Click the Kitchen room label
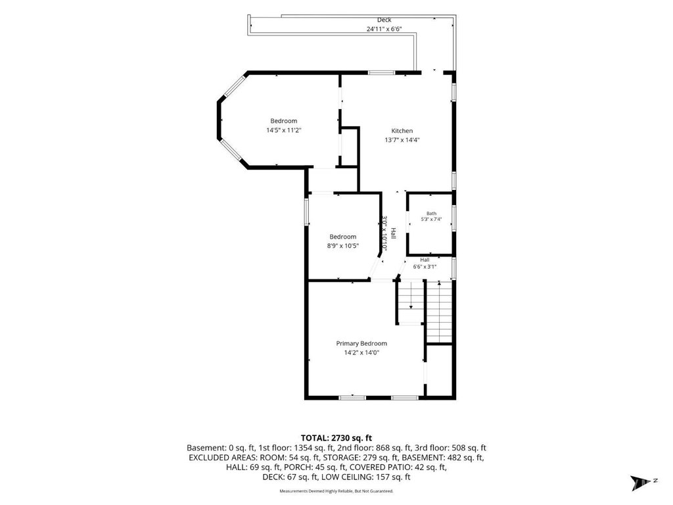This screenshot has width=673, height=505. pyautogui.click(x=402, y=131)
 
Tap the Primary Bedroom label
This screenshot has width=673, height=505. pyautogui.click(x=361, y=343)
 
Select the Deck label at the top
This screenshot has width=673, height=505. pyautogui.click(x=384, y=20)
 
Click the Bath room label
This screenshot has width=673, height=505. pyautogui.click(x=431, y=214)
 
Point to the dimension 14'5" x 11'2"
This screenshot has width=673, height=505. pyautogui.click(x=284, y=130)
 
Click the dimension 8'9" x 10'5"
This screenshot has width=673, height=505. pyautogui.click(x=343, y=246)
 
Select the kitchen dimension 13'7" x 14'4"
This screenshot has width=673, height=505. pyautogui.click(x=402, y=139)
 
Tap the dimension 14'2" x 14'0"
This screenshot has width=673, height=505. pyautogui.click(x=362, y=353)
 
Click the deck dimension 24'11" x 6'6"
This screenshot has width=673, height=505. pyautogui.click(x=384, y=29)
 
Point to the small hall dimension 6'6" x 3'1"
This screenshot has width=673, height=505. pyautogui.click(x=425, y=267)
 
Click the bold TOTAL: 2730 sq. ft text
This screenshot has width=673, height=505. pyautogui.click(x=336, y=438)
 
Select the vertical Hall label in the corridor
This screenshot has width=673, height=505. pyautogui.click(x=393, y=233)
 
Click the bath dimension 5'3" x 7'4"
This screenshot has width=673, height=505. pyautogui.click(x=431, y=219)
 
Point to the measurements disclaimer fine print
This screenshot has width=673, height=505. pyautogui.click(x=336, y=491)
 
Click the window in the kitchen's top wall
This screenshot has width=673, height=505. pyautogui.click(x=382, y=72)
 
